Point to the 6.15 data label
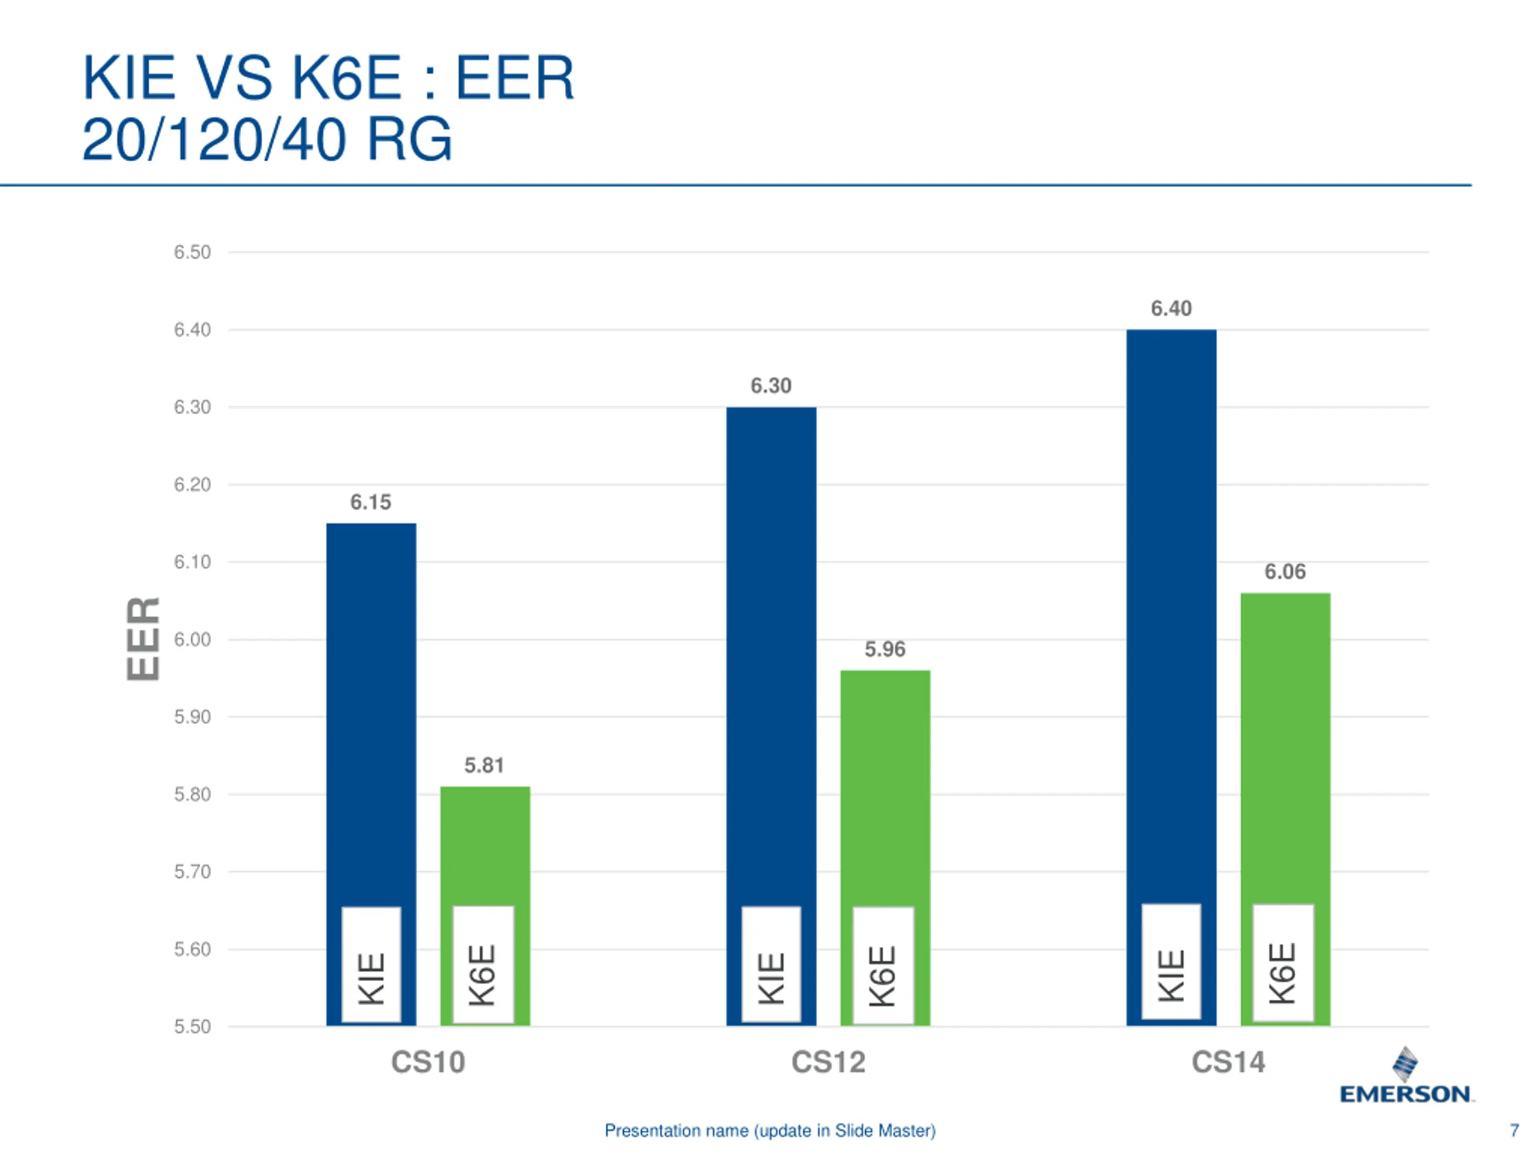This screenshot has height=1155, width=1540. pyautogui.click(x=371, y=502)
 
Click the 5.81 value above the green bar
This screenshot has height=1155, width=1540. pyautogui.click(x=484, y=765)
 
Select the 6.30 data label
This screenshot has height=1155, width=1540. pyautogui.click(x=771, y=386)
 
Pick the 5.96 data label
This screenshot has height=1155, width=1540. pyautogui.click(x=885, y=649)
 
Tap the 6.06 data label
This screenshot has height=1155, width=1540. pyautogui.click(x=1284, y=571)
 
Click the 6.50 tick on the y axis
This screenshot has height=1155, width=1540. pyautogui.click(x=192, y=252)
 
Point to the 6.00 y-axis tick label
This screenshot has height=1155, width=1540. pyautogui.click(x=192, y=639)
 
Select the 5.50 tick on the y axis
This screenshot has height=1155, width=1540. pyautogui.click(x=192, y=1026)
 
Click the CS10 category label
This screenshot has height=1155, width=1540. pyautogui.click(x=428, y=1062)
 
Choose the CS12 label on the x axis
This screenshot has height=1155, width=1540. pyautogui.click(x=828, y=1062)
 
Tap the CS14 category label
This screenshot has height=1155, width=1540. pyautogui.click(x=1228, y=1062)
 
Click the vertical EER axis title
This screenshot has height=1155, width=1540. pyautogui.click(x=143, y=638)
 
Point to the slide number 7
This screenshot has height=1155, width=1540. pyautogui.click(x=1514, y=1130)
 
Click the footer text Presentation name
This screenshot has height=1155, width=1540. pyautogui.click(x=770, y=1130)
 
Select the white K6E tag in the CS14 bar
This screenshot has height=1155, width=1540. pyautogui.click(x=1283, y=964)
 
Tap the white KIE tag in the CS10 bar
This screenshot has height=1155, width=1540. pyautogui.click(x=371, y=965)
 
